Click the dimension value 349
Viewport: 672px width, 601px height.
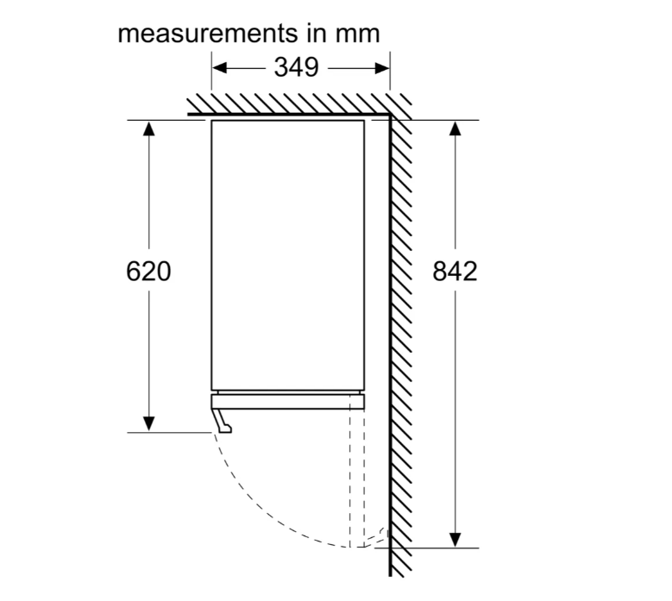296,67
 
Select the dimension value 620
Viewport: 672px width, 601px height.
148,271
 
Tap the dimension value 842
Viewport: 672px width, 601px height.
455,271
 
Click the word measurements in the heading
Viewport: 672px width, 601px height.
207,34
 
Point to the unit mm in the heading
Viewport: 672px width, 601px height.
357,34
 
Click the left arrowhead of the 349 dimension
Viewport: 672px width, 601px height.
219,67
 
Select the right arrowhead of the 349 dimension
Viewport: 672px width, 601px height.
382,67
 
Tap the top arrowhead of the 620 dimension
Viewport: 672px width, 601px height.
148,128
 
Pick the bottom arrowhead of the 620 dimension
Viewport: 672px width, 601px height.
148,423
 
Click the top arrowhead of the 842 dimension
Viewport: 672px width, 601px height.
455,128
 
